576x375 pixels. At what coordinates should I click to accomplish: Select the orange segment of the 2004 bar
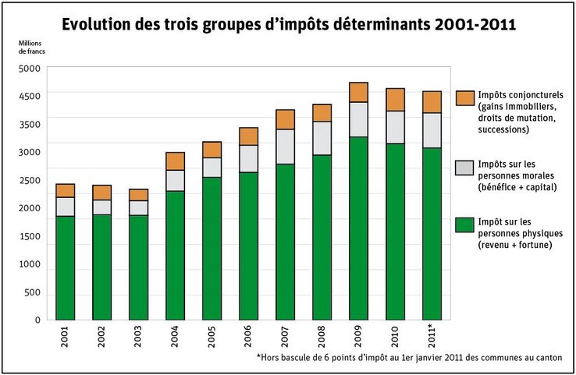(175, 161)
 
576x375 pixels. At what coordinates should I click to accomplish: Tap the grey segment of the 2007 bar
(285, 147)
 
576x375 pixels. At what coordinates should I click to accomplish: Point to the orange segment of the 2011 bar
(432, 102)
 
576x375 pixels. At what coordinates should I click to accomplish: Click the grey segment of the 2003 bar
(139, 207)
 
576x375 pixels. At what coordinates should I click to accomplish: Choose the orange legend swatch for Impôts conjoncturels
(464, 97)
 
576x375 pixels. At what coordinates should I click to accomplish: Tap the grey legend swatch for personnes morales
(464, 168)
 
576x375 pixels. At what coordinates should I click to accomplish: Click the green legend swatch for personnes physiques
(464, 225)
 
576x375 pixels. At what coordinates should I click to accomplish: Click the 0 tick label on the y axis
(37, 320)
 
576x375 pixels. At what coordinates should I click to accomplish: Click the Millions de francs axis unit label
(33, 46)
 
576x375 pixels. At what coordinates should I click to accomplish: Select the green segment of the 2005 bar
(212, 249)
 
